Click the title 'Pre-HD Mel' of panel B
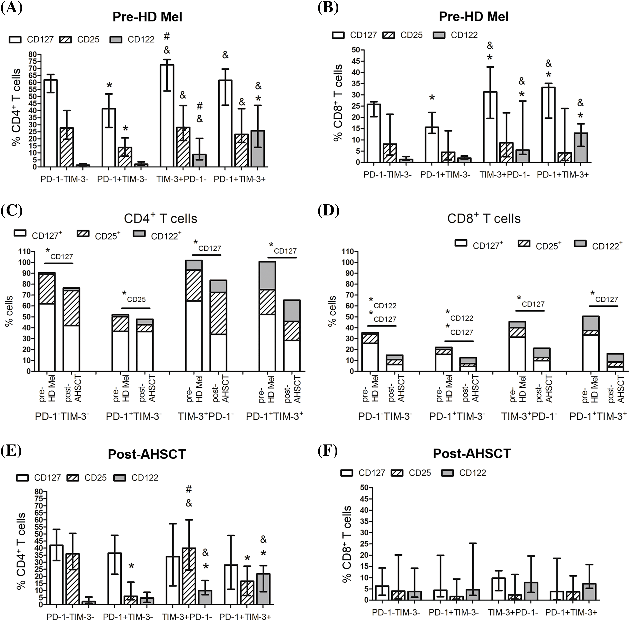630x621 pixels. (473, 17)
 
